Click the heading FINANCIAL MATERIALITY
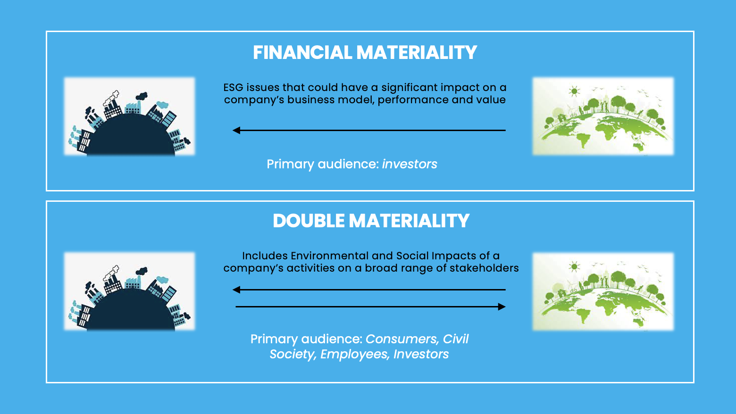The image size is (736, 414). (365, 52)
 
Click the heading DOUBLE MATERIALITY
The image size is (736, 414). (371, 221)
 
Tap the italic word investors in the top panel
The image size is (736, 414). (410, 164)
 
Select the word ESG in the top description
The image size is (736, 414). (233, 88)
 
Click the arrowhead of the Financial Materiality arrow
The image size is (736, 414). (236, 130)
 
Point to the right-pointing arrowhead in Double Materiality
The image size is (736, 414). (502, 306)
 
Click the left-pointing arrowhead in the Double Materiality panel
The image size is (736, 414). (236, 290)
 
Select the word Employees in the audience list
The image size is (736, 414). (354, 355)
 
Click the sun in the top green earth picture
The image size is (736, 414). (574, 91)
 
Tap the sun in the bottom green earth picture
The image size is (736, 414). (574, 266)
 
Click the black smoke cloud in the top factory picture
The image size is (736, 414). (142, 96)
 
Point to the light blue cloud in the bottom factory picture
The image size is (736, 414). (162, 280)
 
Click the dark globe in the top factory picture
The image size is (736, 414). (131, 136)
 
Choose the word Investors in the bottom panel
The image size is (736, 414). (421, 355)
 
